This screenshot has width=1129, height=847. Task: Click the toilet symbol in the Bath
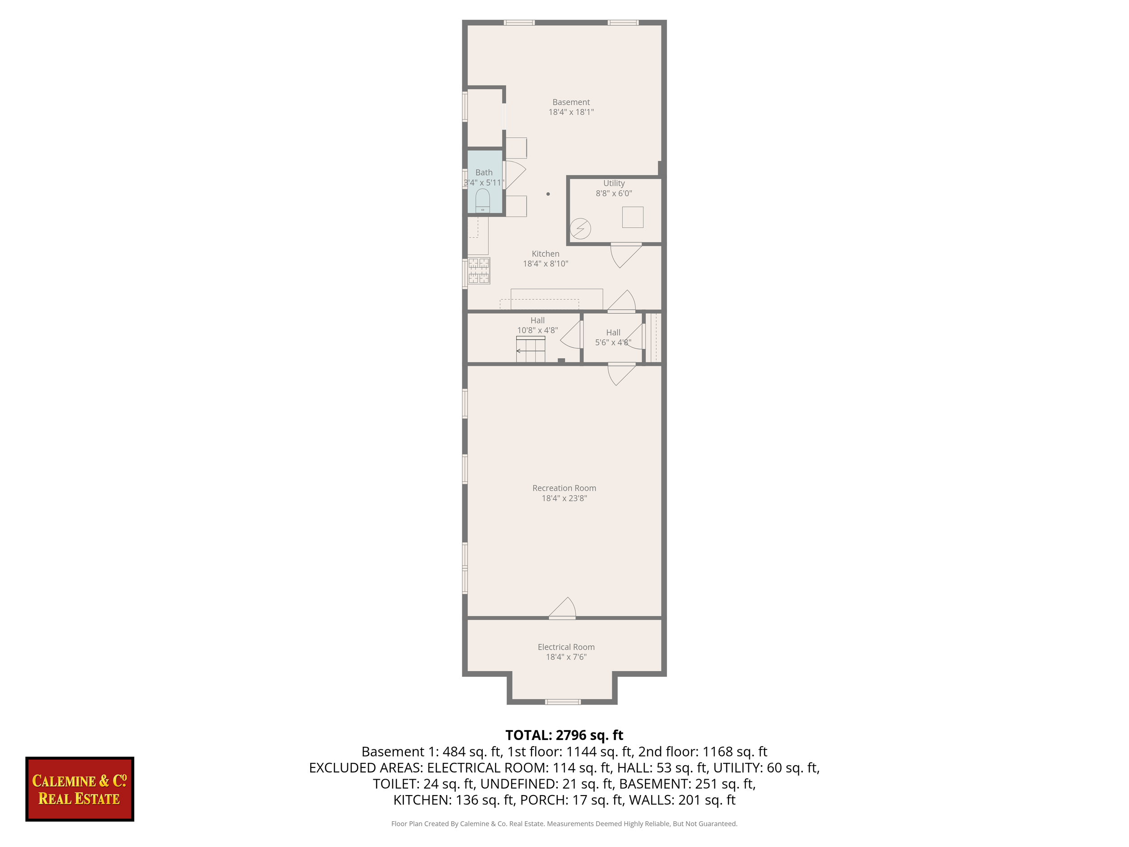482,201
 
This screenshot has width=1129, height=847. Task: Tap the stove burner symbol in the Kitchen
479,271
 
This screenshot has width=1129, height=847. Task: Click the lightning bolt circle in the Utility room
580,229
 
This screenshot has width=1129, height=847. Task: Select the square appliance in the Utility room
632,217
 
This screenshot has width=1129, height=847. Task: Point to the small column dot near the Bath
548,194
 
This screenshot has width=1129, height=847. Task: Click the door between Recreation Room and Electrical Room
562,609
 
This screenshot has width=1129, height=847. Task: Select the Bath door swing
514,175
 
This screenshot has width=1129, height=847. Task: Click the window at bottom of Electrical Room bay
562,702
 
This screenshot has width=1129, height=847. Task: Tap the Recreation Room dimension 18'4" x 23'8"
564,498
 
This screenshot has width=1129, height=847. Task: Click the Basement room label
571,102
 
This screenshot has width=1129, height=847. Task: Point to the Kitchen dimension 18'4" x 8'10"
545,263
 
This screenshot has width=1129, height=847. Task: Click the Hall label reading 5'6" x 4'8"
613,342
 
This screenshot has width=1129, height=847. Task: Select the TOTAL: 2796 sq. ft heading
564,735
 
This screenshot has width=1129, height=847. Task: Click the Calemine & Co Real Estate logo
79,789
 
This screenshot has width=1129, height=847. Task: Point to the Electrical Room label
566,647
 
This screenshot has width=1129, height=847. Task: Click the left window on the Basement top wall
519,23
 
